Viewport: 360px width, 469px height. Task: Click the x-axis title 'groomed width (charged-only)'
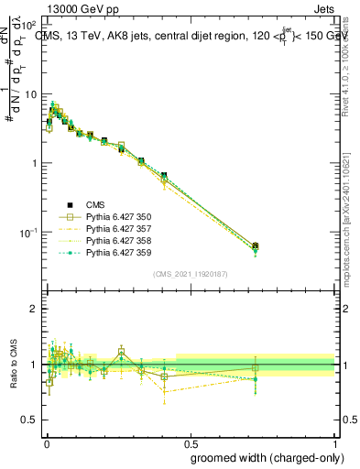(263, 457)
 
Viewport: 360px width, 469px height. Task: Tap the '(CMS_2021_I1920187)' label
(190, 274)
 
